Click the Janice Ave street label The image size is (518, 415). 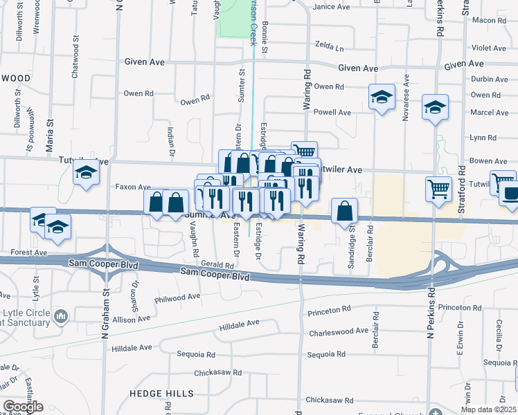tap(332, 7)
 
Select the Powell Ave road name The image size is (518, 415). tap(332, 112)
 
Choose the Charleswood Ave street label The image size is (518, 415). tap(339, 331)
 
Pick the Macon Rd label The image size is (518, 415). tap(492, 21)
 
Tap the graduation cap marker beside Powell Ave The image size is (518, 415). tap(382, 98)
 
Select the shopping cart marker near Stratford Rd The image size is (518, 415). tap(439, 187)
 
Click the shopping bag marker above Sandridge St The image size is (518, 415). tap(344, 210)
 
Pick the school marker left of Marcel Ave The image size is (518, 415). tap(435, 108)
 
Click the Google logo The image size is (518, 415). tap(24, 407)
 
